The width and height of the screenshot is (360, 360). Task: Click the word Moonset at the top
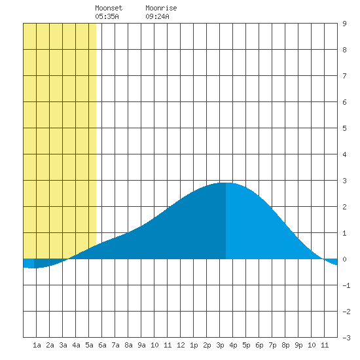109,9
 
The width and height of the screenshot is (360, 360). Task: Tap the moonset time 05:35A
107,16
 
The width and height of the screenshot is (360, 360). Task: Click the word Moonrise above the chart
161,9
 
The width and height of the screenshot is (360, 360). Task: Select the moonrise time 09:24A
157,16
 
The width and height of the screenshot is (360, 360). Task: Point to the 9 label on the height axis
344,24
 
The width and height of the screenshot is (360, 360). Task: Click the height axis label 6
344,102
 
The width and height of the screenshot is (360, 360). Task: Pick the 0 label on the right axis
344,259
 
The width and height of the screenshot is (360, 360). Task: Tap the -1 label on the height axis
346,285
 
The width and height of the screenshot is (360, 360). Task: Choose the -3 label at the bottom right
346,338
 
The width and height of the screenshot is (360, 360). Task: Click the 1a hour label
37,345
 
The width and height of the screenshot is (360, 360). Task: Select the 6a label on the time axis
102,345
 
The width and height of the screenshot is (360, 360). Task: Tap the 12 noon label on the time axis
181,345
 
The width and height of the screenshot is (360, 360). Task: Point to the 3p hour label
220,345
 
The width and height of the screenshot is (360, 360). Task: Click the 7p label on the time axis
272,345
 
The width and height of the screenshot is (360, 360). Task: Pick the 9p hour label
298,345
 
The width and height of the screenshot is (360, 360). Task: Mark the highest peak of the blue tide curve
226,183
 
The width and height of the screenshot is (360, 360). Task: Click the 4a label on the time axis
76,345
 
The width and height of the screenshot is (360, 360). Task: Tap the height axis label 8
344,50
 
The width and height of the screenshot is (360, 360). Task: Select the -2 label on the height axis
346,312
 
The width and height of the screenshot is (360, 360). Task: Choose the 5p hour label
246,345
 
